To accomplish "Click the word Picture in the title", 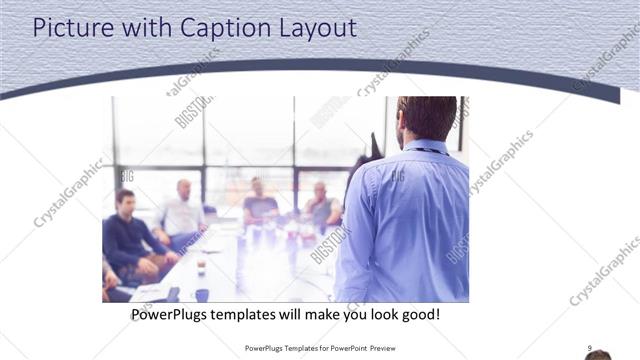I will [x=70, y=28].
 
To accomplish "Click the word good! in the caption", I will [x=417, y=315].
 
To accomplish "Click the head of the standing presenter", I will [x=427, y=118].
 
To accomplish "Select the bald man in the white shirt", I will [x=181, y=213].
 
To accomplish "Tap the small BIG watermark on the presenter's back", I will [x=398, y=176].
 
